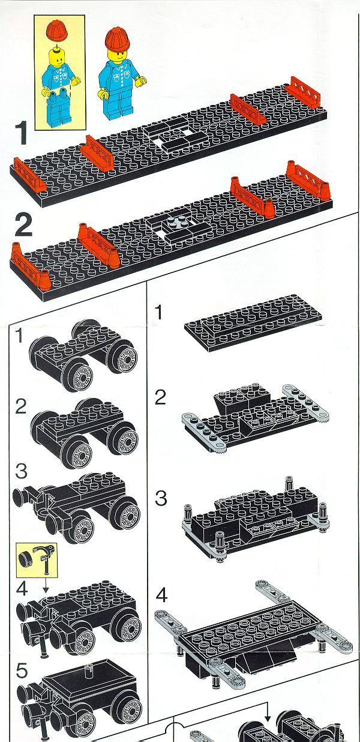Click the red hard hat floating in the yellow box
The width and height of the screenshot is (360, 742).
click(x=57, y=31)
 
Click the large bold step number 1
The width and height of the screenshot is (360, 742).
click(x=21, y=133)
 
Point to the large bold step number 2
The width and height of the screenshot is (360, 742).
click(x=23, y=225)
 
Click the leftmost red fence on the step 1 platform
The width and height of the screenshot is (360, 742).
click(x=29, y=175)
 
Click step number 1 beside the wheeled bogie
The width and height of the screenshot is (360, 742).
click(x=20, y=336)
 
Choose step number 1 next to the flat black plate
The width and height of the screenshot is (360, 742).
click(x=159, y=312)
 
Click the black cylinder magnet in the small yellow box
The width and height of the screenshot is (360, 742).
click(x=24, y=556)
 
